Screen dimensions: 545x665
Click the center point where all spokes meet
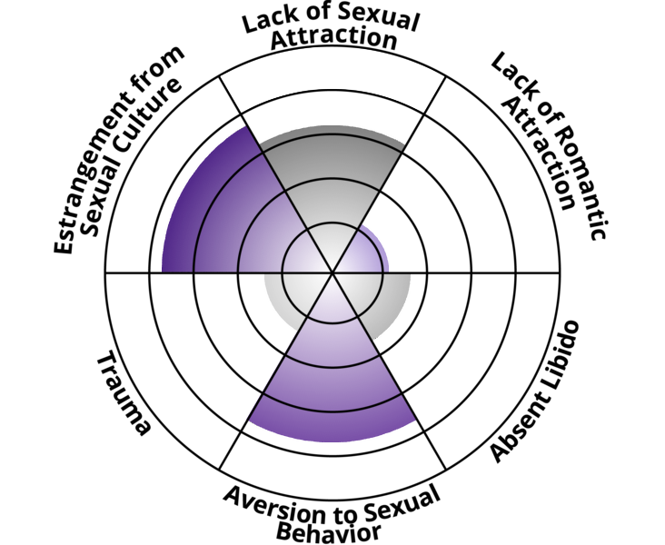tap(332, 272)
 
